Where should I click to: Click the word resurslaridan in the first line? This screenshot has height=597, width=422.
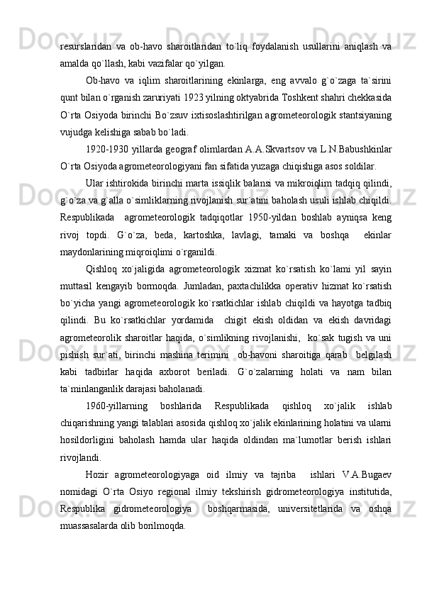click(x=82, y=46)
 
